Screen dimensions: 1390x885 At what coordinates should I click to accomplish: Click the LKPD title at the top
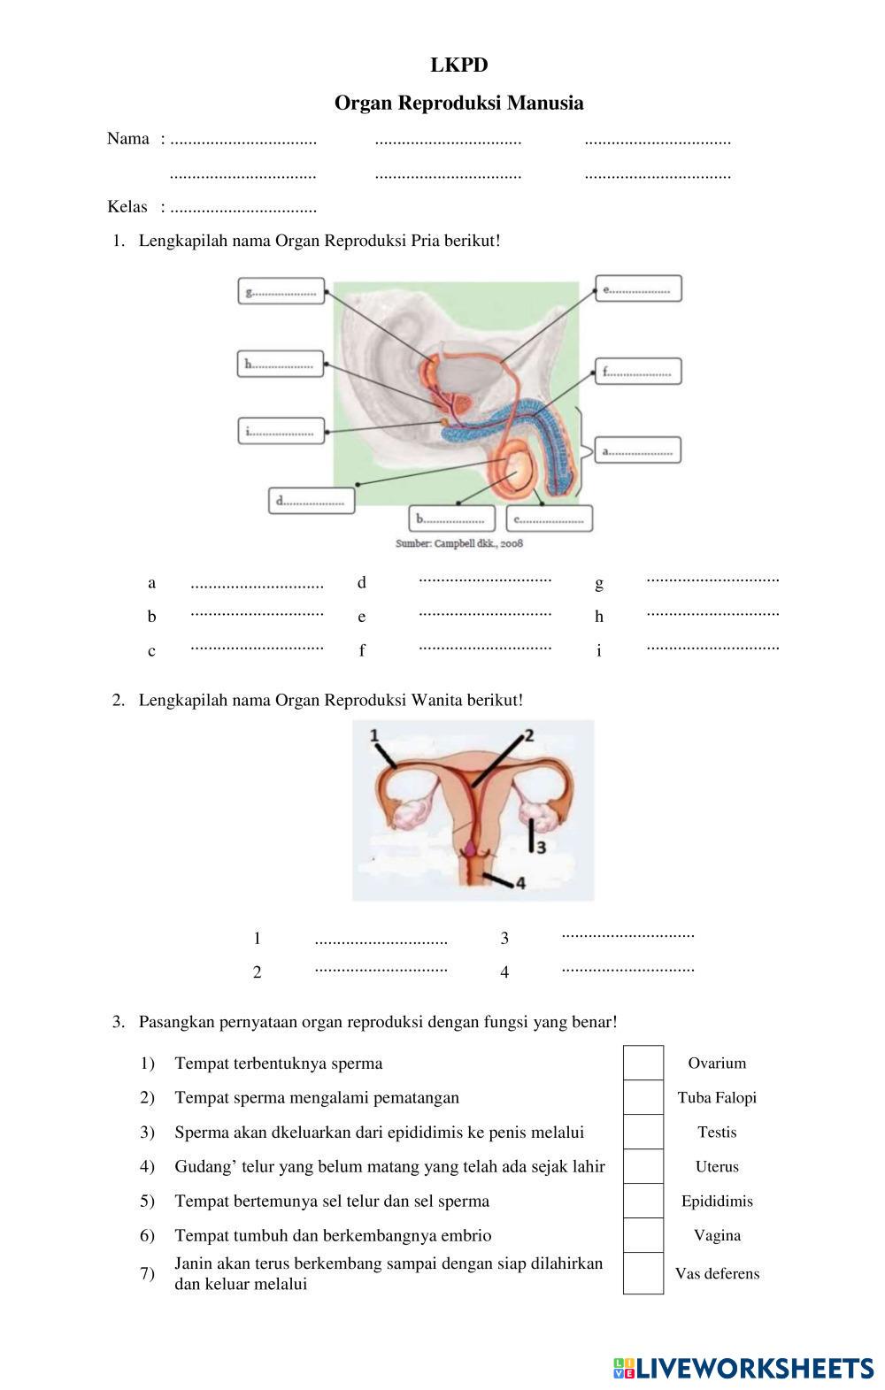tap(458, 65)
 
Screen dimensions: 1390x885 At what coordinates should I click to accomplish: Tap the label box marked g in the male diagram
tap(281, 291)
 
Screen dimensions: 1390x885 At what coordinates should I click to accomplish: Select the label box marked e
tap(638, 289)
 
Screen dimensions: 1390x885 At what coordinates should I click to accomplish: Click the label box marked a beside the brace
tap(637, 450)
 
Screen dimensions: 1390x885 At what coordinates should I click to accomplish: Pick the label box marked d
tap(311, 500)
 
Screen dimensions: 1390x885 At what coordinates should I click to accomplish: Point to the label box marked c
tap(549, 518)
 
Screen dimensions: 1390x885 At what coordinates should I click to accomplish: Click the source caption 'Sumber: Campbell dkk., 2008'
tap(458, 542)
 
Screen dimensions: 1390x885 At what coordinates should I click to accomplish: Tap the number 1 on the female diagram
tap(374, 735)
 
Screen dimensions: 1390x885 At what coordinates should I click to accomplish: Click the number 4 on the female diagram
tap(519, 883)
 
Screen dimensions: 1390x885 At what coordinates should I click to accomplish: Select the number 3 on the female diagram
tap(540, 847)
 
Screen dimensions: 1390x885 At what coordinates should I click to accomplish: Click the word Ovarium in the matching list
tap(717, 1064)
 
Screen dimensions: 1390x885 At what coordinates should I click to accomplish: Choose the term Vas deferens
tap(717, 1274)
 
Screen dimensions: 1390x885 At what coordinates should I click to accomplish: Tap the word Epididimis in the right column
tap(717, 1202)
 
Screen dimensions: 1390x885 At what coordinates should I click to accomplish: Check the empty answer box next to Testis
tap(643, 1133)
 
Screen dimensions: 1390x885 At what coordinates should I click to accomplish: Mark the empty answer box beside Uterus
tap(643, 1167)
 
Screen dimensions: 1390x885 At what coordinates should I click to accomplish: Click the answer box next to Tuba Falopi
tap(643, 1098)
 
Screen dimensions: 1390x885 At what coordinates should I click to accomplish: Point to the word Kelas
tap(127, 207)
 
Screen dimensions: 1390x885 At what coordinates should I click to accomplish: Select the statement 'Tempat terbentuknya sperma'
tap(279, 1064)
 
